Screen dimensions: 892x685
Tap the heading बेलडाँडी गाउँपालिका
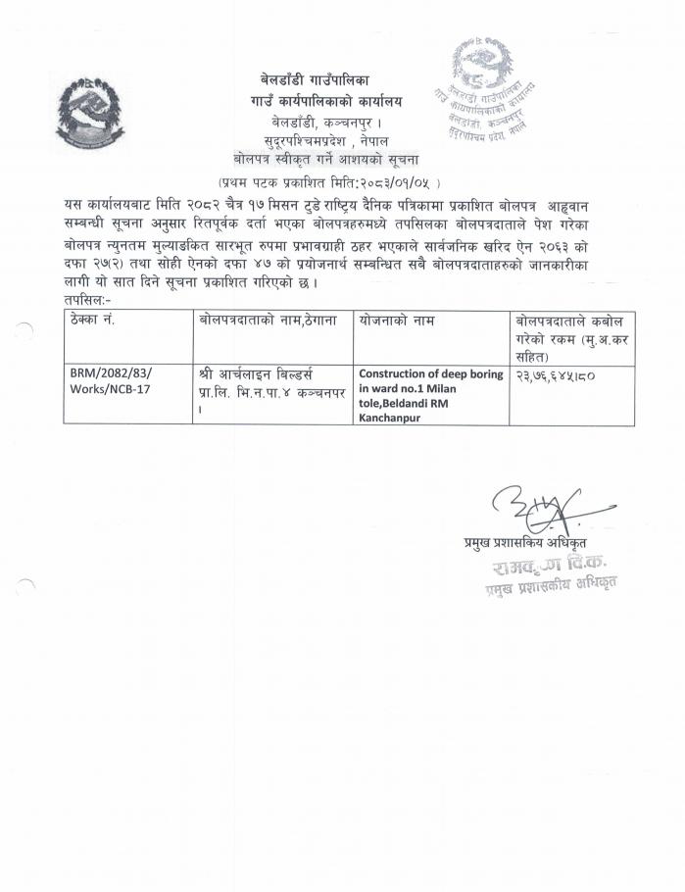(315, 76)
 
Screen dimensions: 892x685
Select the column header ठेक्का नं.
(94, 321)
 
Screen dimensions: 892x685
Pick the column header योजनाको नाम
(397, 321)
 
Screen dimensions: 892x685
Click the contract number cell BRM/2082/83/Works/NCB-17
(112, 383)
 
